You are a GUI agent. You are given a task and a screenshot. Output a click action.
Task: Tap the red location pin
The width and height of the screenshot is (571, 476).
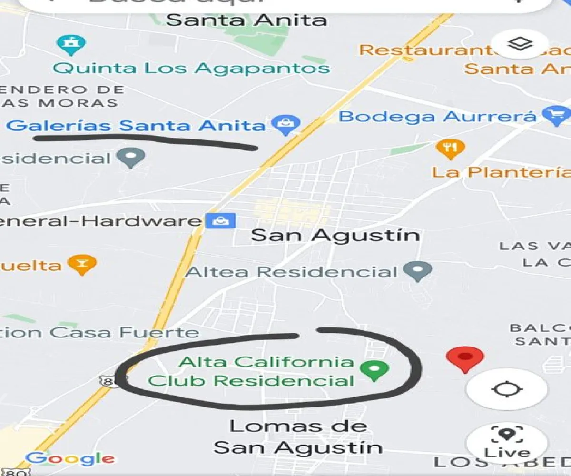465,358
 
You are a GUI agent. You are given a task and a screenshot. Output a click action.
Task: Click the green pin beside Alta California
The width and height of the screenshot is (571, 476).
374,370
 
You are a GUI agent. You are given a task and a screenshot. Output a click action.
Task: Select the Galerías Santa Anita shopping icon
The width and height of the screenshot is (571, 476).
286,125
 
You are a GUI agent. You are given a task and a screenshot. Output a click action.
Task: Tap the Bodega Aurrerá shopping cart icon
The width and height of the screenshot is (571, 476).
556,115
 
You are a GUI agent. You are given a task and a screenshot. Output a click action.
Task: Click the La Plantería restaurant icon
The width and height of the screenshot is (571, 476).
450,149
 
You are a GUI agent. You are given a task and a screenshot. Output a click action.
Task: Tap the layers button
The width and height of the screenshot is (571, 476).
520,44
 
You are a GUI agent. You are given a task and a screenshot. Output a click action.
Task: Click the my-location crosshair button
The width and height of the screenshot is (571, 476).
507,389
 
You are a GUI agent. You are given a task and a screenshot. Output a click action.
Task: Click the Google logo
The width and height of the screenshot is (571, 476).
70,459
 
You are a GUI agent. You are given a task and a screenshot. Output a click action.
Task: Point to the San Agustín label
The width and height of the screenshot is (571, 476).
335,235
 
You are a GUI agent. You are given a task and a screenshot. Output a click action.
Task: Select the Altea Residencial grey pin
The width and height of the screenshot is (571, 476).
417,271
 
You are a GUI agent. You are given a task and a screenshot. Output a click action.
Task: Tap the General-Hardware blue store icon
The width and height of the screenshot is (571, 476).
220,221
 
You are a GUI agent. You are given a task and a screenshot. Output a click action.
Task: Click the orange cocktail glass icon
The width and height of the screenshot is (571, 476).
82,264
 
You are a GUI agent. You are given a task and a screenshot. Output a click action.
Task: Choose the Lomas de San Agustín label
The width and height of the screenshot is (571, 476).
298,437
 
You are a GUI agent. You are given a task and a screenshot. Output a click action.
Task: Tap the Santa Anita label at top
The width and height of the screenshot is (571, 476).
246,20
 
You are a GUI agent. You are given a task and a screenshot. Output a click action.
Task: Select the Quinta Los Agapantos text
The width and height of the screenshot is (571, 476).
191,68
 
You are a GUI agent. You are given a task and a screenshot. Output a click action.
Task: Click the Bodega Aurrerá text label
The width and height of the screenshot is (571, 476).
438,117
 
